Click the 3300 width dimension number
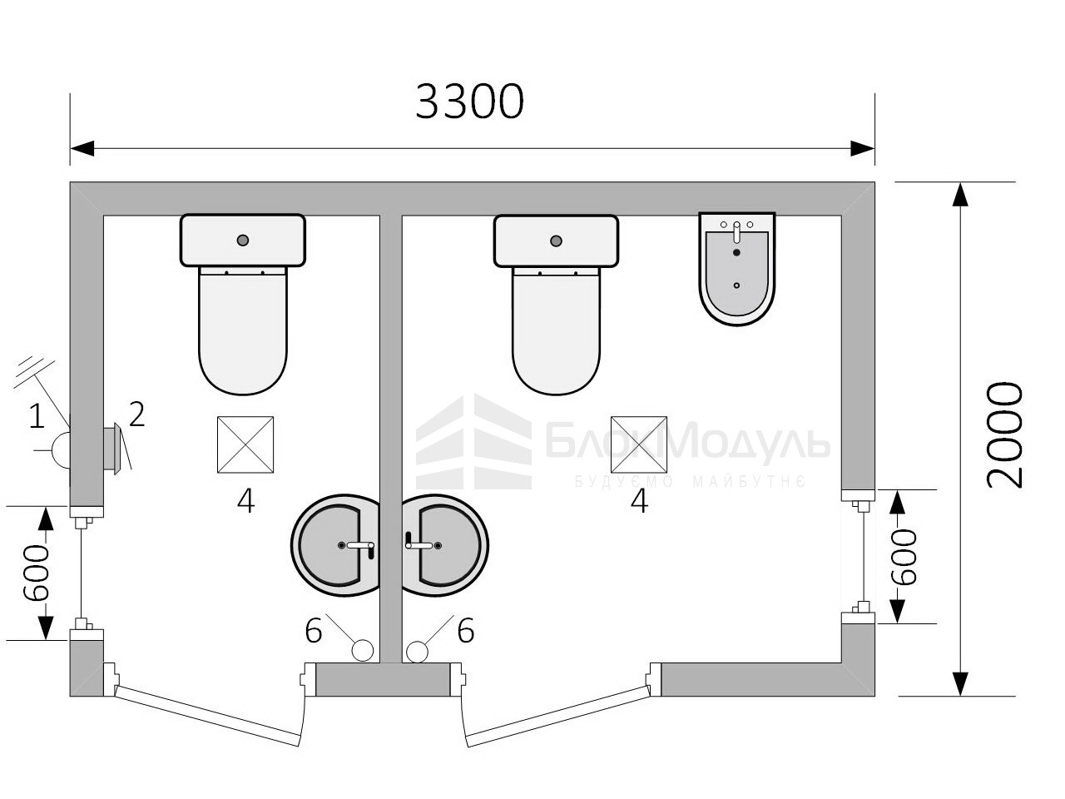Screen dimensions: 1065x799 coord(469,102)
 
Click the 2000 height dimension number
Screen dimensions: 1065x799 coord(1005,434)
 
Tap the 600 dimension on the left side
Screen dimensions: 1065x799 coord(37,572)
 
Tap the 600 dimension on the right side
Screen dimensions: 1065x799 coord(904,557)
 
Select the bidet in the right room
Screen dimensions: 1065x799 coord(736,268)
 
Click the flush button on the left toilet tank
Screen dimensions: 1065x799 coord(243,241)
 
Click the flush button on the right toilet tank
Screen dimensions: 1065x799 coord(557,241)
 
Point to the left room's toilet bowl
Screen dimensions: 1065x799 coord(243,330)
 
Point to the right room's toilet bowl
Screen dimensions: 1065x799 coord(557,330)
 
